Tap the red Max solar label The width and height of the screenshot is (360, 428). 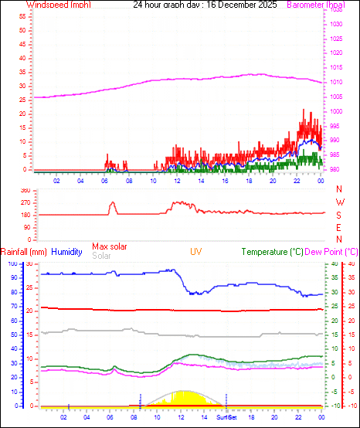coord(110,246)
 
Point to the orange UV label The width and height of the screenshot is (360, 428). coord(197,252)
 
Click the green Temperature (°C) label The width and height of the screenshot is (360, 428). coord(272,252)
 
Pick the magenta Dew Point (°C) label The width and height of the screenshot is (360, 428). coord(332,252)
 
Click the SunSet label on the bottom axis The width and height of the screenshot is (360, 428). coord(226,417)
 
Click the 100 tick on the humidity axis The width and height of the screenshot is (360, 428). coord(12,263)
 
